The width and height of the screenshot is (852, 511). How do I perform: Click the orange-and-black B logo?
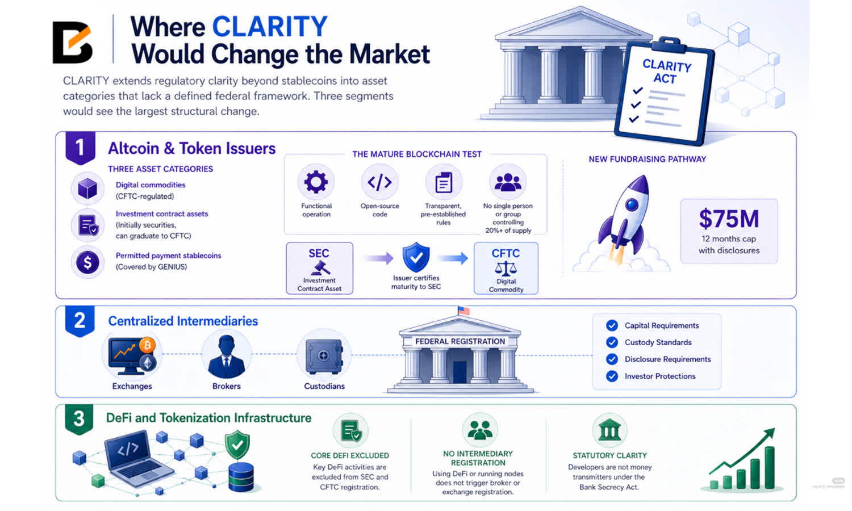point(72,42)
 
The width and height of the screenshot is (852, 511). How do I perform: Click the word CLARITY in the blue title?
point(270,27)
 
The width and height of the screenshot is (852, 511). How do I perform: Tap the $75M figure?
point(729,219)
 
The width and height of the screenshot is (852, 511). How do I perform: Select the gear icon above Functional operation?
point(316,182)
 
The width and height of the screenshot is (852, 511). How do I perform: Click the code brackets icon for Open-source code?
point(379,182)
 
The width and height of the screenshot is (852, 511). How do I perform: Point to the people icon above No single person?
point(508,182)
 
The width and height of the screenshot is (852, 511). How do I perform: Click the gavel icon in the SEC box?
point(319,268)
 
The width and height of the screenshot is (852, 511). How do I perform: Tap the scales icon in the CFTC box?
point(506,269)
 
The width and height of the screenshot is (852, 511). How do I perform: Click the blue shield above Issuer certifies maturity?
point(416,257)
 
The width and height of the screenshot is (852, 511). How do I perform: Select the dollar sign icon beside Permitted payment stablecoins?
point(87,262)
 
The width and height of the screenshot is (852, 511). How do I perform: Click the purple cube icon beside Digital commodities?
point(87,188)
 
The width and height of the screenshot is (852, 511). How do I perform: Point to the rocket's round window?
point(632,204)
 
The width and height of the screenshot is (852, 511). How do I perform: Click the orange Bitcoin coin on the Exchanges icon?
point(147,345)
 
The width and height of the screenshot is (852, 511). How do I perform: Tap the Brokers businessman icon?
point(226,356)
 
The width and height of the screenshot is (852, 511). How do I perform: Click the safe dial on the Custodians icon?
point(323,356)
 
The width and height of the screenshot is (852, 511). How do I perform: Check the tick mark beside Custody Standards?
point(612,342)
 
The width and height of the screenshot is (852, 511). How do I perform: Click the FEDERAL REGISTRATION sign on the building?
point(460,341)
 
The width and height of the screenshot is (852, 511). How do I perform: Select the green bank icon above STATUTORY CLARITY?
point(609,430)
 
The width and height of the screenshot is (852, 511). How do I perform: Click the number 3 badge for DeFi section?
point(79,419)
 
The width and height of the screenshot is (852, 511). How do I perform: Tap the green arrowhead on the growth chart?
point(769,433)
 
